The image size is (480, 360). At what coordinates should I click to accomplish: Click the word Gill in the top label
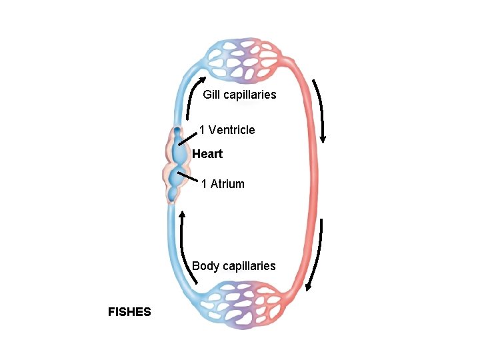click(x=211, y=95)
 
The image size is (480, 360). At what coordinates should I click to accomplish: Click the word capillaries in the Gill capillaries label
click(x=249, y=95)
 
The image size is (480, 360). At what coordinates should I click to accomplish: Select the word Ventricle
click(x=231, y=130)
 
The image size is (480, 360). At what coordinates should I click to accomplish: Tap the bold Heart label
click(x=207, y=154)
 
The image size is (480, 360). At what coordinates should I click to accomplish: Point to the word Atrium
click(x=227, y=184)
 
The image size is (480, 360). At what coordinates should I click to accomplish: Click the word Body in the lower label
click(x=206, y=266)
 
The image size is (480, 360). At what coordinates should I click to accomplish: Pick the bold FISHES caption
click(x=129, y=311)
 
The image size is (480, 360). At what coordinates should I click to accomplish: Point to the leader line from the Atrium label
click(x=191, y=177)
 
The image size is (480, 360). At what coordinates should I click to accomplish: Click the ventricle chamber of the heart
click(x=180, y=152)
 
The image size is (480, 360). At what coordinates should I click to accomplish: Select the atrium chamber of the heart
click(x=177, y=179)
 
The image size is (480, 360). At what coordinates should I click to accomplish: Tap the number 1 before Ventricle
click(x=202, y=130)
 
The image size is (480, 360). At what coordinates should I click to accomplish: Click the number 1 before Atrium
click(x=204, y=184)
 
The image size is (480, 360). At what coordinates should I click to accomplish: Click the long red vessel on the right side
click(x=313, y=180)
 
